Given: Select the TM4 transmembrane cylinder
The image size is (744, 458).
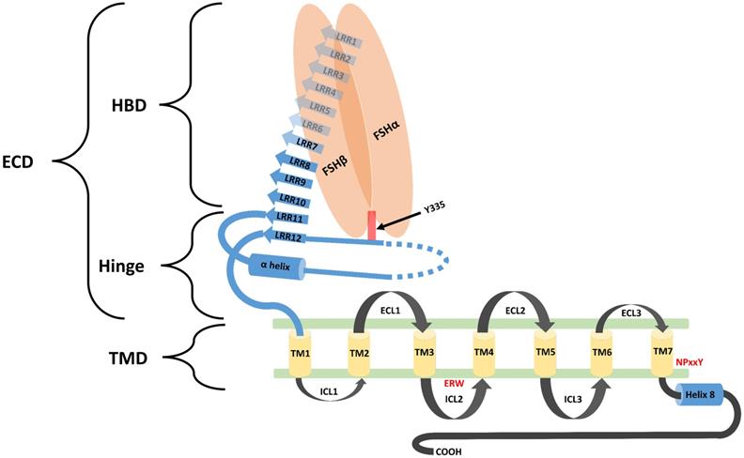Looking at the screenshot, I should point(483,352).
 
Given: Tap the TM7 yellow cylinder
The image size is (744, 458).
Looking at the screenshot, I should point(660,352).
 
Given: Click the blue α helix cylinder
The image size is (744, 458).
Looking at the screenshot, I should point(277,266).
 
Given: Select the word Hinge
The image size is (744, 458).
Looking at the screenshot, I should point(123,266).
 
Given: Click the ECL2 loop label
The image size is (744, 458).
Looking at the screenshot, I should point(513,309).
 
